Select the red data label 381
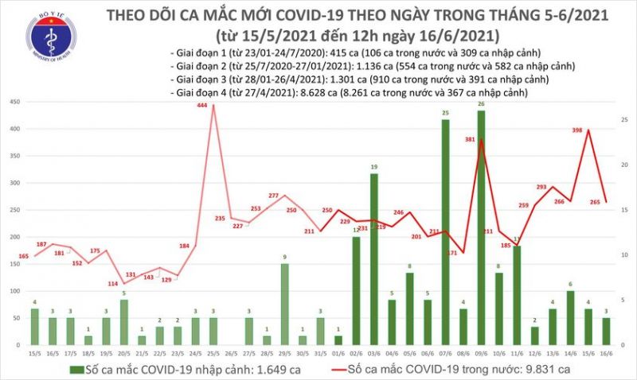[470, 140]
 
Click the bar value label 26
[482, 104]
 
